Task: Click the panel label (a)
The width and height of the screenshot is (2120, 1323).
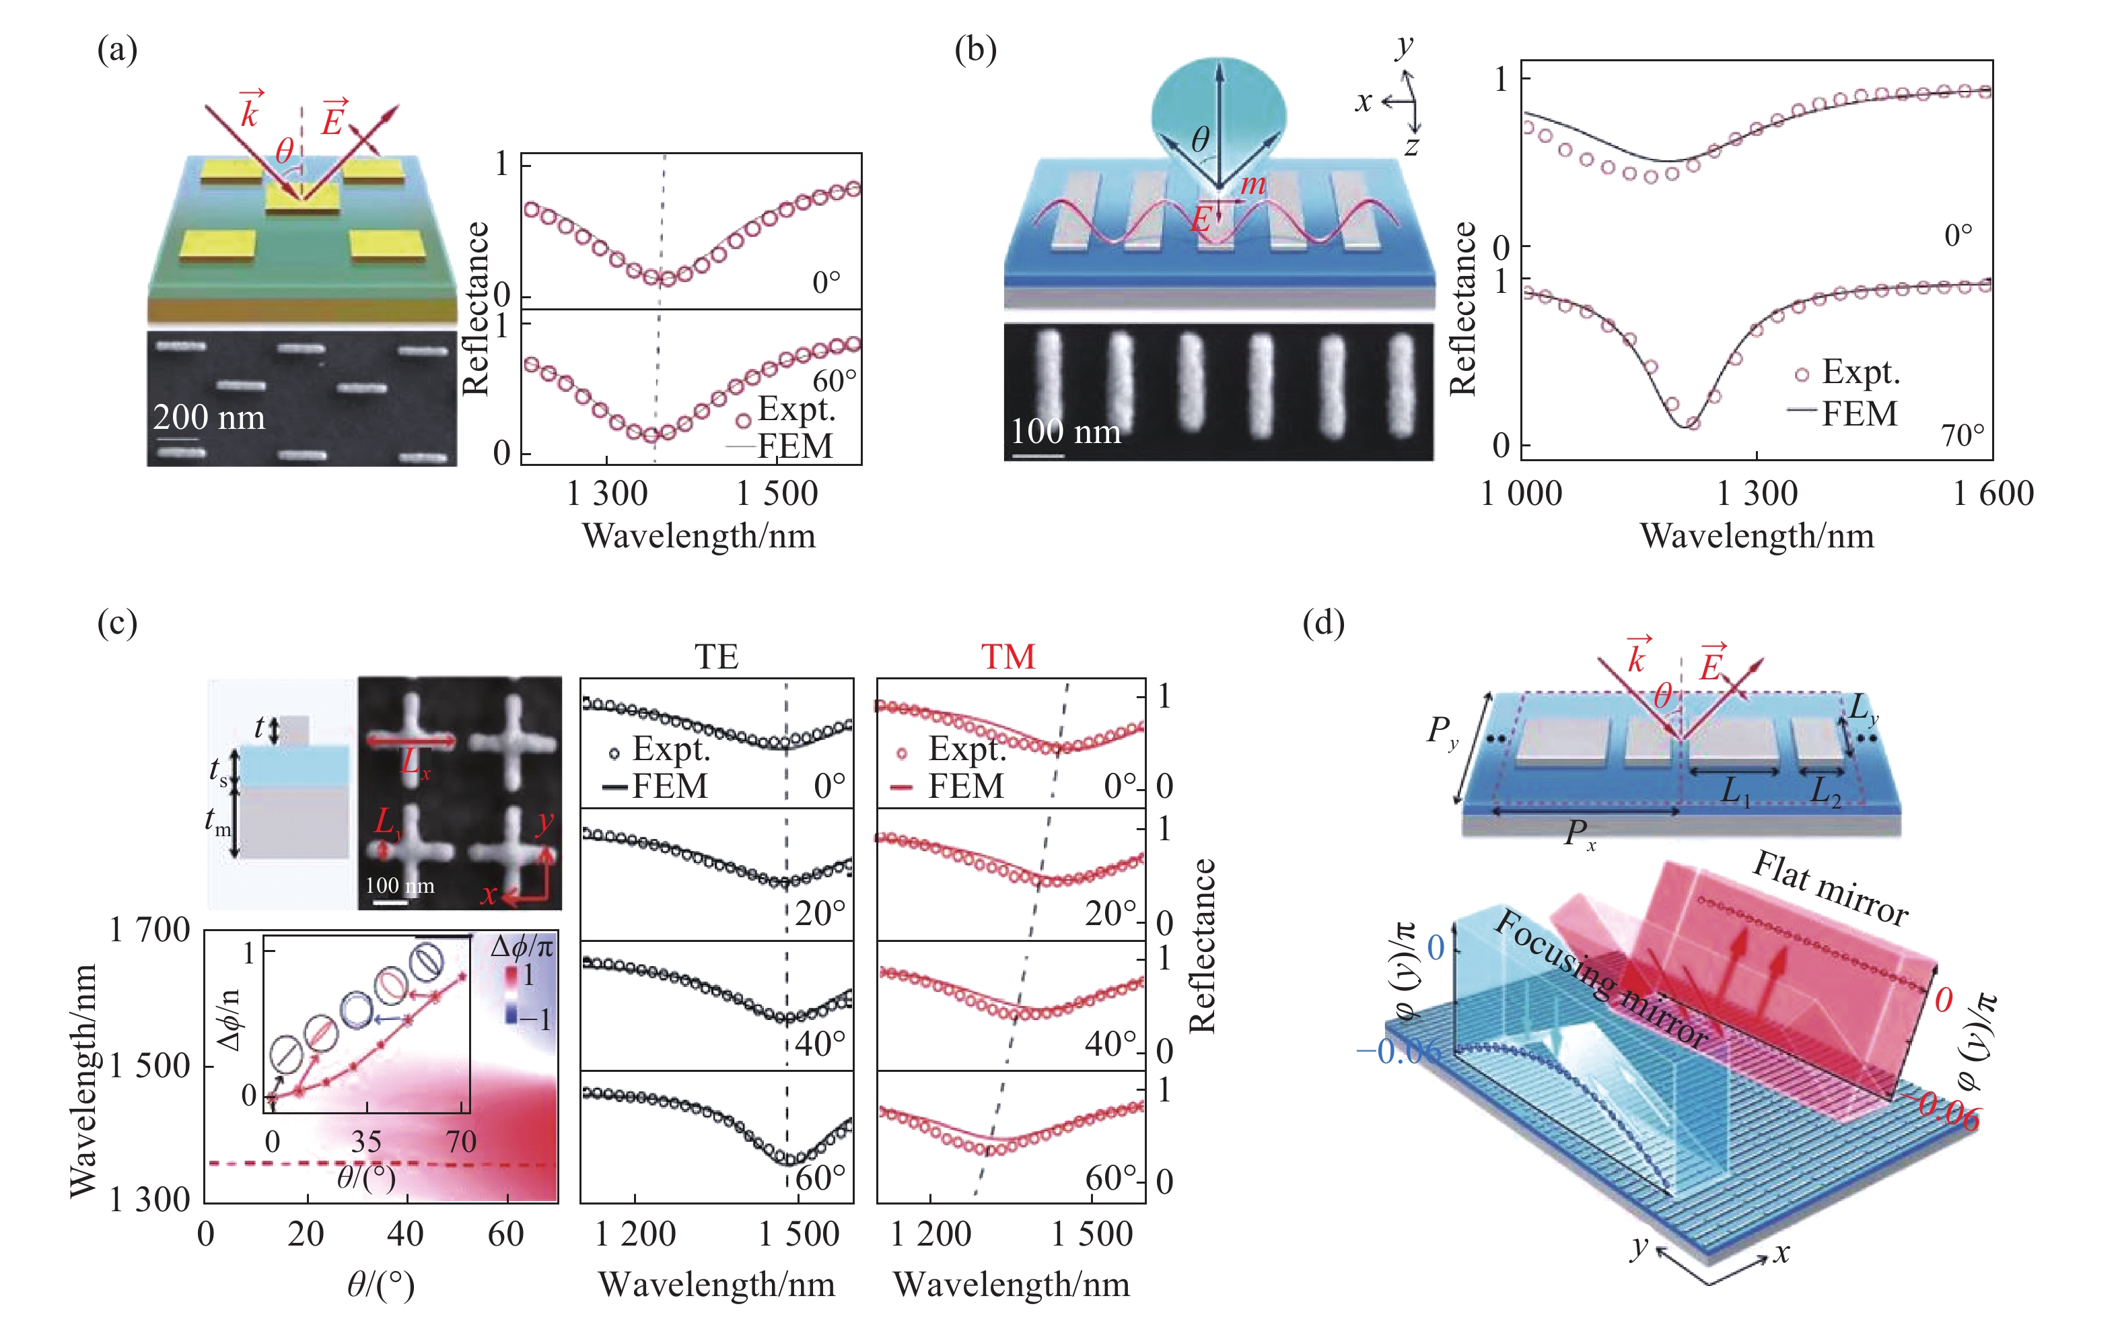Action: pyautogui.click(x=117, y=50)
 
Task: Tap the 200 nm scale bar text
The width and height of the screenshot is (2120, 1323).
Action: pyautogui.click(x=209, y=417)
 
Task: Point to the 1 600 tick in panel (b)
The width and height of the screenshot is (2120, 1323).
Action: pyautogui.click(x=1993, y=494)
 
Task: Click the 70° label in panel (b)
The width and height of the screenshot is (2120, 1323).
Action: pyautogui.click(x=1963, y=435)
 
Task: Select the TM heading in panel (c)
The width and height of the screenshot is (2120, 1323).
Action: pyautogui.click(x=1008, y=656)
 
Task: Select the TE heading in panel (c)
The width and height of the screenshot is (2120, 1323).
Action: pyautogui.click(x=716, y=656)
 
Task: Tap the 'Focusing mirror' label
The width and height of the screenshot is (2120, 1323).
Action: pyautogui.click(x=1600, y=978)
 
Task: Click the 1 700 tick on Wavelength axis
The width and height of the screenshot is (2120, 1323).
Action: pyautogui.click(x=149, y=930)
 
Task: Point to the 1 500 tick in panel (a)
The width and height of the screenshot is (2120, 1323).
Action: pyautogui.click(x=777, y=494)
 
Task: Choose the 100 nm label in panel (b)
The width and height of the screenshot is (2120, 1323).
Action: pyautogui.click(x=1065, y=432)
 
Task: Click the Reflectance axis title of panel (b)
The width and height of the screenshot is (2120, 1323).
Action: pyautogui.click(x=1463, y=308)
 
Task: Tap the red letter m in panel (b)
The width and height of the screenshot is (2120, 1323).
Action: pyautogui.click(x=1252, y=183)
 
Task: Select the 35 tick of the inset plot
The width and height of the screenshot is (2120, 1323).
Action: pyautogui.click(x=366, y=1141)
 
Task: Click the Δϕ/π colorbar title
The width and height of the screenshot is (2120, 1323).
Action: pyautogui.click(x=522, y=947)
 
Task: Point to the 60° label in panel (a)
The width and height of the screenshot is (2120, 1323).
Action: pyautogui.click(x=833, y=380)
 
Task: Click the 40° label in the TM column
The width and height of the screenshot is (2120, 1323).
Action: pyautogui.click(x=1110, y=1043)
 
